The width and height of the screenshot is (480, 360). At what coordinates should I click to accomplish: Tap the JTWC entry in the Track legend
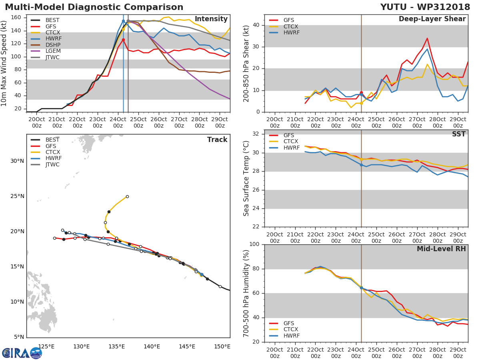pyautogui.click(x=53, y=164)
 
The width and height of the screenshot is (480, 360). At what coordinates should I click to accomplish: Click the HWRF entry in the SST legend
pyautogui.click(x=291, y=148)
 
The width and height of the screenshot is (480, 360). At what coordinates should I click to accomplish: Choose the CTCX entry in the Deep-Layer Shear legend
pyautogui.click(x=291, y=26)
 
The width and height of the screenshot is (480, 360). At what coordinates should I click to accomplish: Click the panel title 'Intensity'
pyautogui.click(x=211, y=19)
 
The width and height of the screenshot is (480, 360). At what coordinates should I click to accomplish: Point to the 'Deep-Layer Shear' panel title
pyautogui.click(x=432, y=19)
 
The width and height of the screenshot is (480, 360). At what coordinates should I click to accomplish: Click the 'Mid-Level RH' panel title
pyautogui.click(x=441, y=249)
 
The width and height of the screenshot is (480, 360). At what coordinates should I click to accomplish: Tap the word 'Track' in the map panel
pyautogui.click(x=217, y=140)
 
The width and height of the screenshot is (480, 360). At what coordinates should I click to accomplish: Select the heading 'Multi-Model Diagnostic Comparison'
pyautogui.click(x=94, y=7)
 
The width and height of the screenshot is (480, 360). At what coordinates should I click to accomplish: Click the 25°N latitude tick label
pyautogui.click(x=17, y=196)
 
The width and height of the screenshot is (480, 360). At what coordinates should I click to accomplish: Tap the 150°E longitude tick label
pyautogui.click(x=222, y=346)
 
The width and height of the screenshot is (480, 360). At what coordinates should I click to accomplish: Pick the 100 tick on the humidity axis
pyautogui.click(x=254, y=244)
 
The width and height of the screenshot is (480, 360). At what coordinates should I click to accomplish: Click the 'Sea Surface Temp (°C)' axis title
pyautogui.click(x=246, y=178)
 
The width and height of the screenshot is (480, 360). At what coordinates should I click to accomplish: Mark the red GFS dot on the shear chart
pyautogui.click(x=361, y=93)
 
